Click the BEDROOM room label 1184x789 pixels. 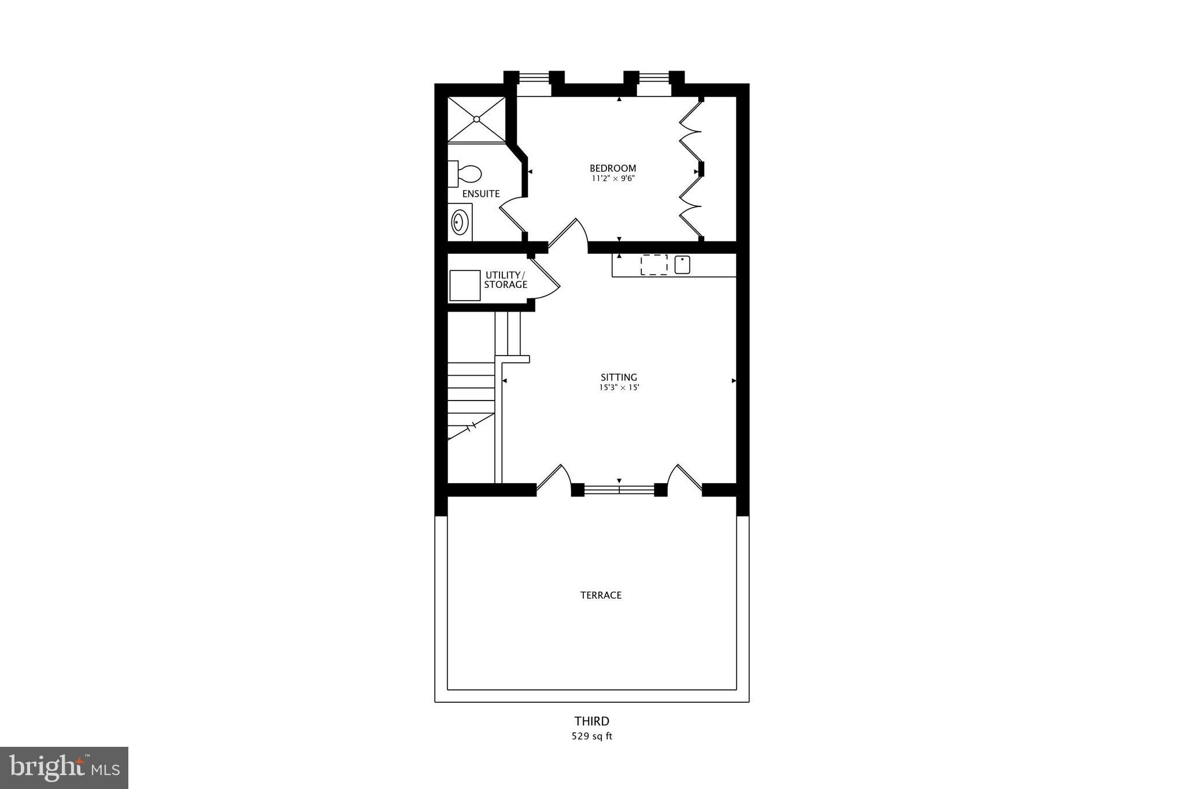613,168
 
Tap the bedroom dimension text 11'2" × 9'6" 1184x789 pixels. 613,179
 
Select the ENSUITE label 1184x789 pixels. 480,194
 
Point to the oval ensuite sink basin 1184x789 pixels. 459,222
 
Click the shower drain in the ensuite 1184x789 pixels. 476,119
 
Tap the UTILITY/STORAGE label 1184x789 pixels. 505,280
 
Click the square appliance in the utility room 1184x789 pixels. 465,285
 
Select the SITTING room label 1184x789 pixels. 619,377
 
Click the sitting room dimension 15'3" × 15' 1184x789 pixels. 619,388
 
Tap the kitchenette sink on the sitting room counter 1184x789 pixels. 682,265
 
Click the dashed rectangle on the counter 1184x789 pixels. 654,265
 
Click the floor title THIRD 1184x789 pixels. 591,721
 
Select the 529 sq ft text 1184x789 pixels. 591,736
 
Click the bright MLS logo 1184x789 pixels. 64,768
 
